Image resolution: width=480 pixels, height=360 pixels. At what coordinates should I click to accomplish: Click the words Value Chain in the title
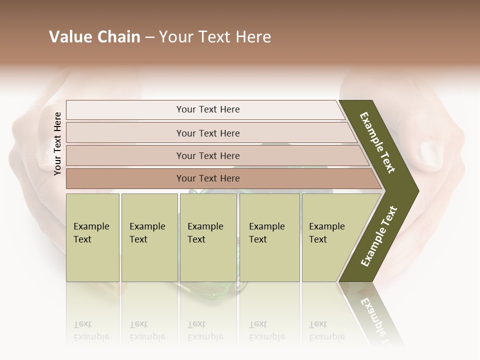point(94,37)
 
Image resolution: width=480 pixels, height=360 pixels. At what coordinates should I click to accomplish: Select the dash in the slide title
point(149,37)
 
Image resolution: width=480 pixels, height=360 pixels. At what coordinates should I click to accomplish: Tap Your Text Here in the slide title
point(215,37)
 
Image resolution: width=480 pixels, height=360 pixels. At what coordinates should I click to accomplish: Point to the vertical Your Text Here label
point(57,143)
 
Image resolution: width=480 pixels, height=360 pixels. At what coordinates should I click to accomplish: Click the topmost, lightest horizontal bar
point(207,109)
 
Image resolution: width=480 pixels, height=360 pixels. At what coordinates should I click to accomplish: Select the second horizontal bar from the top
point(207,133)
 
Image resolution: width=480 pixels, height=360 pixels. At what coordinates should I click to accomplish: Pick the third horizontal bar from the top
point(207,155)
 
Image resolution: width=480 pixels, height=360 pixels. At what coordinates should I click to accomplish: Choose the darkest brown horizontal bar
point(207,178)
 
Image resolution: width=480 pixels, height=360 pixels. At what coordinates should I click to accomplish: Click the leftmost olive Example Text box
point(92,237)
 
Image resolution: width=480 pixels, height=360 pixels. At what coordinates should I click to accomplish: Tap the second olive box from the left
point(149,237)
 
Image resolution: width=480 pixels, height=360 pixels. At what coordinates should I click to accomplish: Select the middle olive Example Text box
point(208,237)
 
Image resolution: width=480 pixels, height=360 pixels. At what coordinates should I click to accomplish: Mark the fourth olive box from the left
point(269,237)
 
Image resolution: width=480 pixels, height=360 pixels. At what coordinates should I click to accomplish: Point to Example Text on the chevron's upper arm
point(377,142)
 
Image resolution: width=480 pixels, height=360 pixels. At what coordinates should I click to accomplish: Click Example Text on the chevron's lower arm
point(378,236)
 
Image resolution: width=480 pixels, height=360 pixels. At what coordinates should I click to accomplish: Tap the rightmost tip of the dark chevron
point(417,191)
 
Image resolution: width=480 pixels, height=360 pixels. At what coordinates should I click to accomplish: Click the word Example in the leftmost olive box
point(91,226)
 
